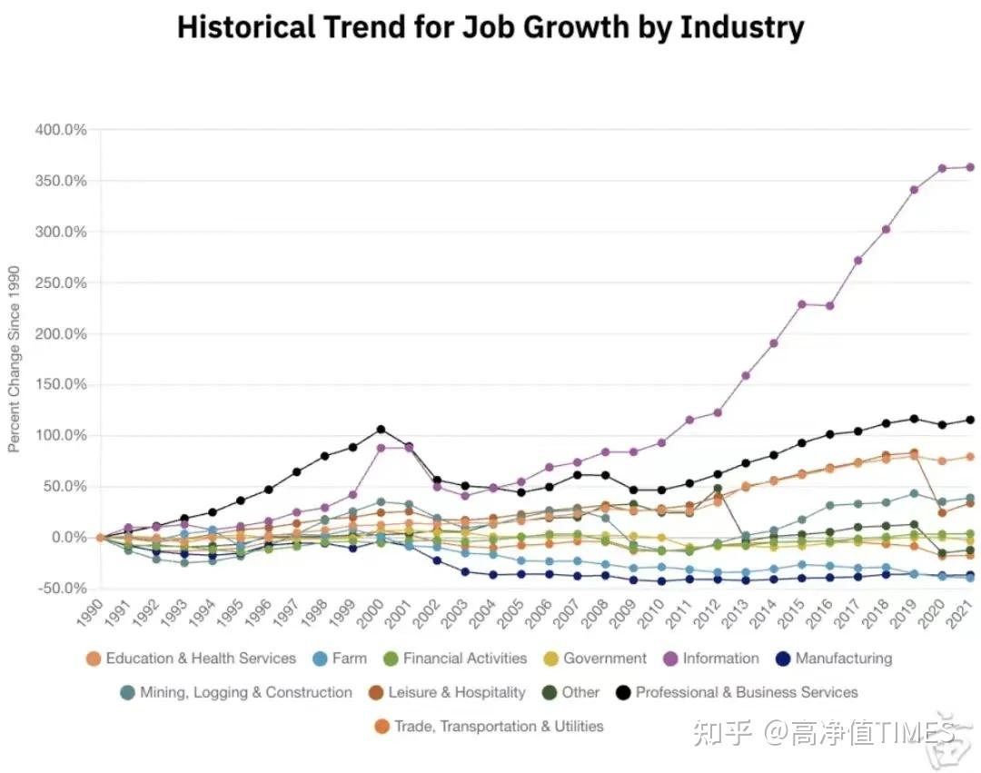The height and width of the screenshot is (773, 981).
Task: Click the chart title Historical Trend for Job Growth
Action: click(x=490, y=28)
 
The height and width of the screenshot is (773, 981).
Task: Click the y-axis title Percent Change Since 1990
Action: click(x=14, y=359)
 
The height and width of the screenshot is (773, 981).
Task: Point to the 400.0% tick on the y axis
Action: click(x=61, y=131)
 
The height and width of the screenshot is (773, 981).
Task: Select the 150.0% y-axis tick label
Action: click(x=61, y=385)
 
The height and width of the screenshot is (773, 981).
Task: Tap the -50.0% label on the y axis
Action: click(x=61, y=589)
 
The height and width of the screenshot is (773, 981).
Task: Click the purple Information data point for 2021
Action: click(x=970, y=167)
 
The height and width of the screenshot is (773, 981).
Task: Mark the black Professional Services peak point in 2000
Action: click(x=381, y=429)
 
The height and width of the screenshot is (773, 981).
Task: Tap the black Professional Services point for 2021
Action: click(x=970, y=420)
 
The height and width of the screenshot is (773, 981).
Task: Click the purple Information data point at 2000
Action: click(x=381, y=448)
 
